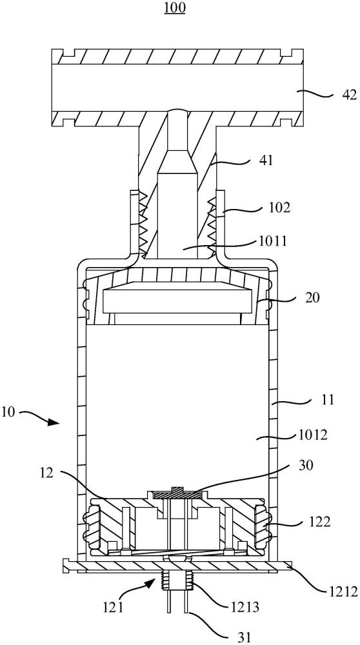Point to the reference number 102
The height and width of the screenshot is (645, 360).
[x=281, y=207]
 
